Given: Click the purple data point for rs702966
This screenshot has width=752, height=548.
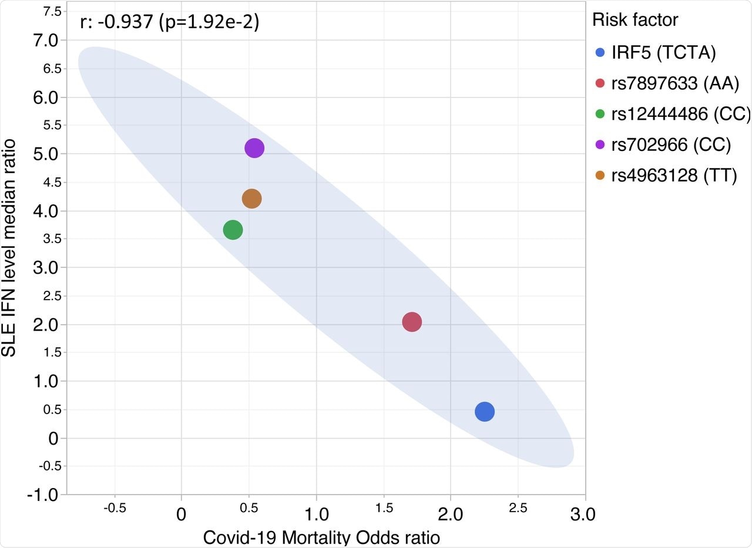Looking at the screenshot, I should pyautogui.click(x=254, y=148).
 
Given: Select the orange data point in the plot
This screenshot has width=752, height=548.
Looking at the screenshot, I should pyautogui.click(x=251, y=199).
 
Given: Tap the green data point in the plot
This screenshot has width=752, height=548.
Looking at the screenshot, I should pyautogui.click(x=233, y=230).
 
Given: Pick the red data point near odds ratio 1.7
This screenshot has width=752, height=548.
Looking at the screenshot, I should pyautogui.click(x=412, y=322).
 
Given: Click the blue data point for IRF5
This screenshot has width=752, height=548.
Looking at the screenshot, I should pyautogui.click(x=484, y=412).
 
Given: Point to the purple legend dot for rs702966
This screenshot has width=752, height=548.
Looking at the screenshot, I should pyautogui.click(x=600, y=145).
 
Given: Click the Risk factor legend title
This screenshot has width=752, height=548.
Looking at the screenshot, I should pyautogui.click(x=634, y=20).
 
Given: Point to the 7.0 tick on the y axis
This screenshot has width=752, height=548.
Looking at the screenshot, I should pyautogui.click(x=46, y=41).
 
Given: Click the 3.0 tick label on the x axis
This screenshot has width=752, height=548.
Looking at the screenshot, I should pyautogui.click(x=583, y=515).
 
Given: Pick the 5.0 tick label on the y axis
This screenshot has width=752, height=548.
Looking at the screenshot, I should pyautogui.click(x=46, y=154).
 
